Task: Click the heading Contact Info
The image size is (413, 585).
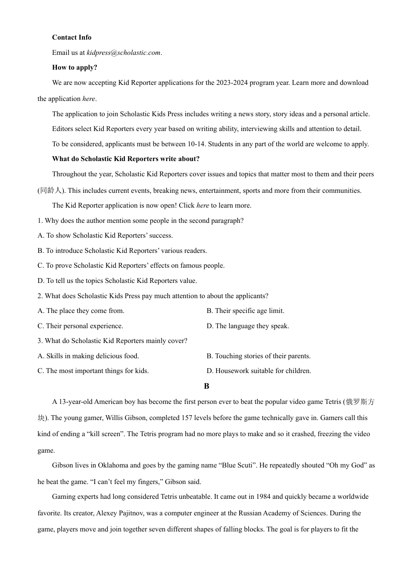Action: pyautogui.click(x=72, y=37)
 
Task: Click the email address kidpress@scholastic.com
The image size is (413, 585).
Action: pyautogui.click(x=123, y=53)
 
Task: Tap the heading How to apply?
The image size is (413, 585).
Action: pyautogui.click(x=74, y=67)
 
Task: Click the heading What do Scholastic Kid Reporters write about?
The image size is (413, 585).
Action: pyautogui.click(x=126, y=159)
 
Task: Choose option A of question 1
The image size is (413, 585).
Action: pyautogui.click(x=105, y=235)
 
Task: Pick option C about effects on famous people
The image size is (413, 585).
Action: pyautogui.click(x=131, y=266)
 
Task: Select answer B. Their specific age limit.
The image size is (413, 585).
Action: pyautogui.click(x=245, y=311)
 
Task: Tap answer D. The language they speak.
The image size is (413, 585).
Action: pyautogui.click(x=248, y=326)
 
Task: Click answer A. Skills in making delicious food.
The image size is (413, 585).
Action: pyautogui.click(x=88, y=356)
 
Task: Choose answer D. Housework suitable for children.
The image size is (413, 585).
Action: pyautogui.click(x=259, y=371)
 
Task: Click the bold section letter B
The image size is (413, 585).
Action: pyautogui.click(x=206, y=386)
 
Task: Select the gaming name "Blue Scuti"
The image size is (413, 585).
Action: pyautogui.click(x=237, y=465)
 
